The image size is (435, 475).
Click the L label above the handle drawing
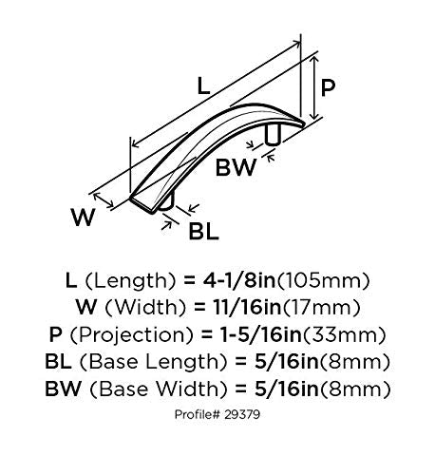coord(203,85)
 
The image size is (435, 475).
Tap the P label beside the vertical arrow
coord(328,87)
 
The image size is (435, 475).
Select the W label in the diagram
coord(83,217)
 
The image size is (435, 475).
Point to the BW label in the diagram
coord(236,167)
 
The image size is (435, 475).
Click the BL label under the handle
coord(203,231)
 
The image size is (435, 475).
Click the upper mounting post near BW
coord(273,135)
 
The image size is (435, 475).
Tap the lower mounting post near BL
coord(166,201)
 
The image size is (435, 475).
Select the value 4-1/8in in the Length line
coord(238,280)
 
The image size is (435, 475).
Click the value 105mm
coord(323,281)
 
